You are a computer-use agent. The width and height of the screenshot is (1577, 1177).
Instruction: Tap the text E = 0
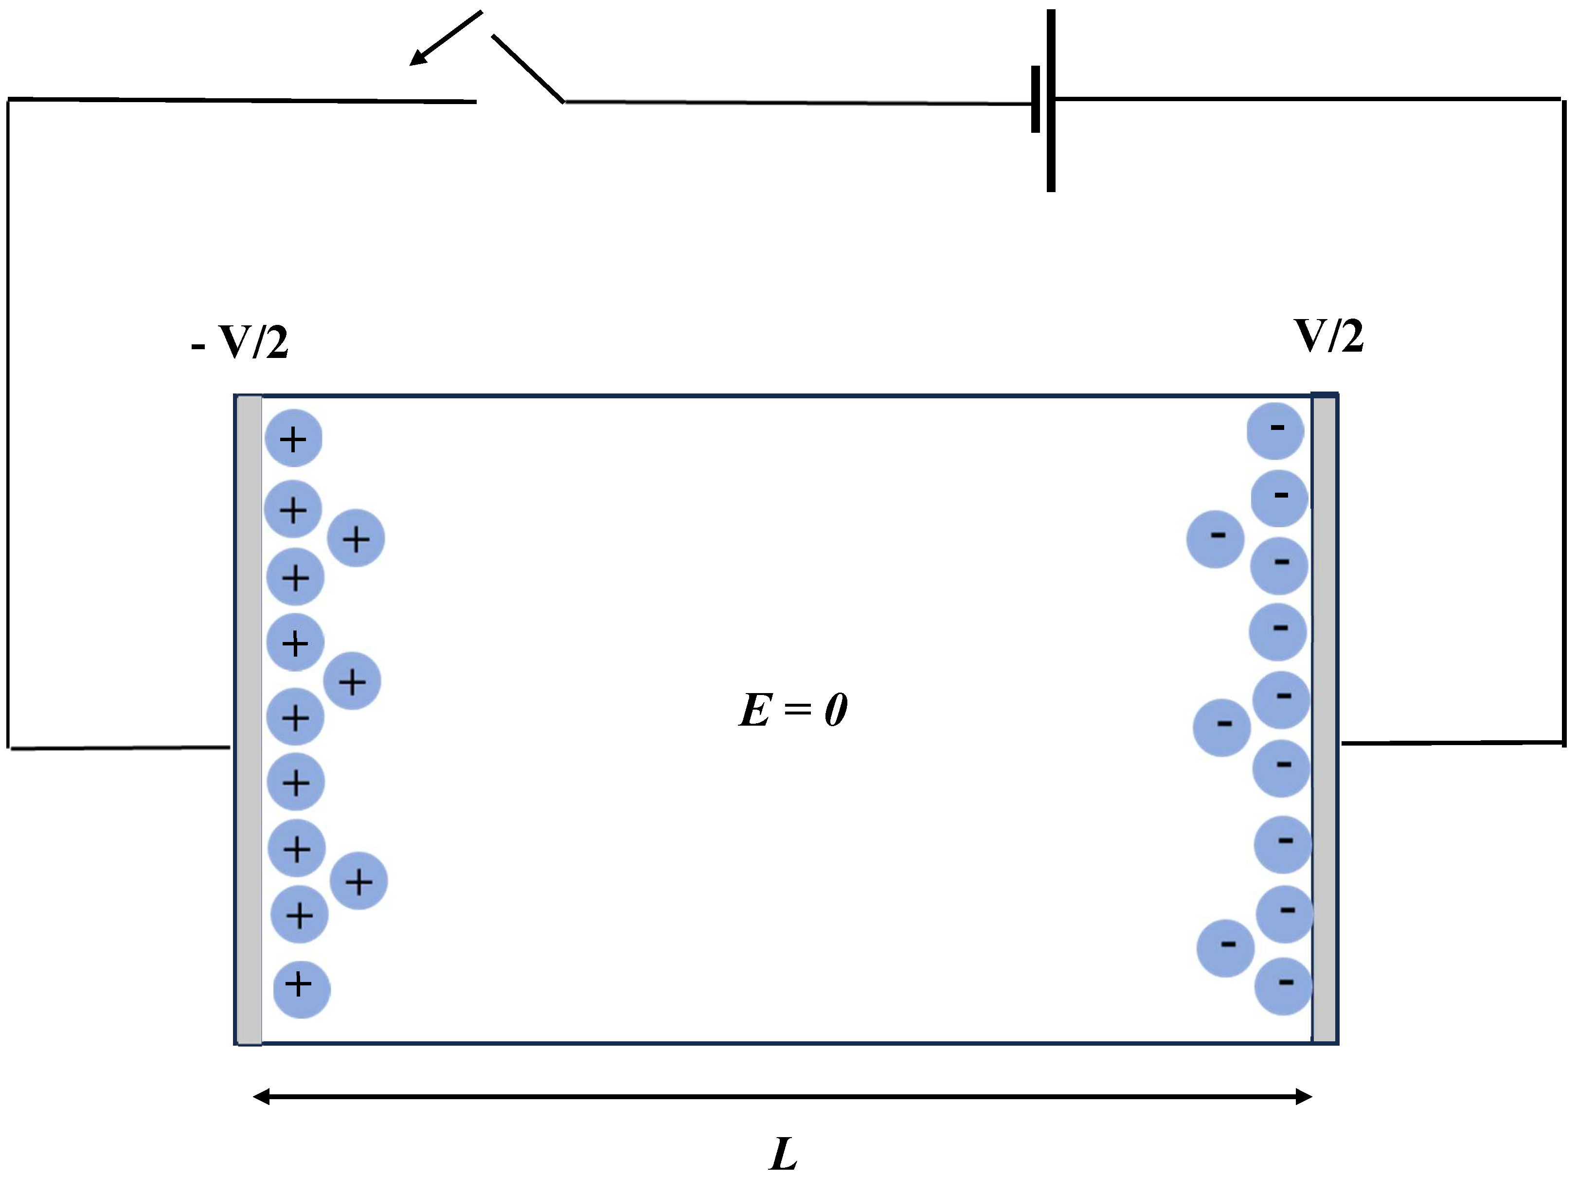click(x=792, y=710)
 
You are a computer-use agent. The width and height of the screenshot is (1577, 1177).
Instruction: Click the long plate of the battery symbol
click(x=1050, y=100)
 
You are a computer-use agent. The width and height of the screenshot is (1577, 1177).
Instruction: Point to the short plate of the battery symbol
click(x=1035, y=100)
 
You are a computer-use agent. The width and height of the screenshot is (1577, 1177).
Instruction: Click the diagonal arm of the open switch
click(x=527, y=69)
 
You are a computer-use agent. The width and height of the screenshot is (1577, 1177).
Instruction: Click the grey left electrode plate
click(x=249, y=720)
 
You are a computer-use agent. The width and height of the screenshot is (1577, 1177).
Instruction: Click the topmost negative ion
click(x=1275, y=430)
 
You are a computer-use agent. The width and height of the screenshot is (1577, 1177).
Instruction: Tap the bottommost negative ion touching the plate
click(x=1283, y=986)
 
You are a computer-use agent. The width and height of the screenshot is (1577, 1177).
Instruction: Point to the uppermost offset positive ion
click(x=356, y=538)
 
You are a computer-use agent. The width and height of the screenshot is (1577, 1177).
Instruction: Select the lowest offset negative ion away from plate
click(x=1225, y=947)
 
